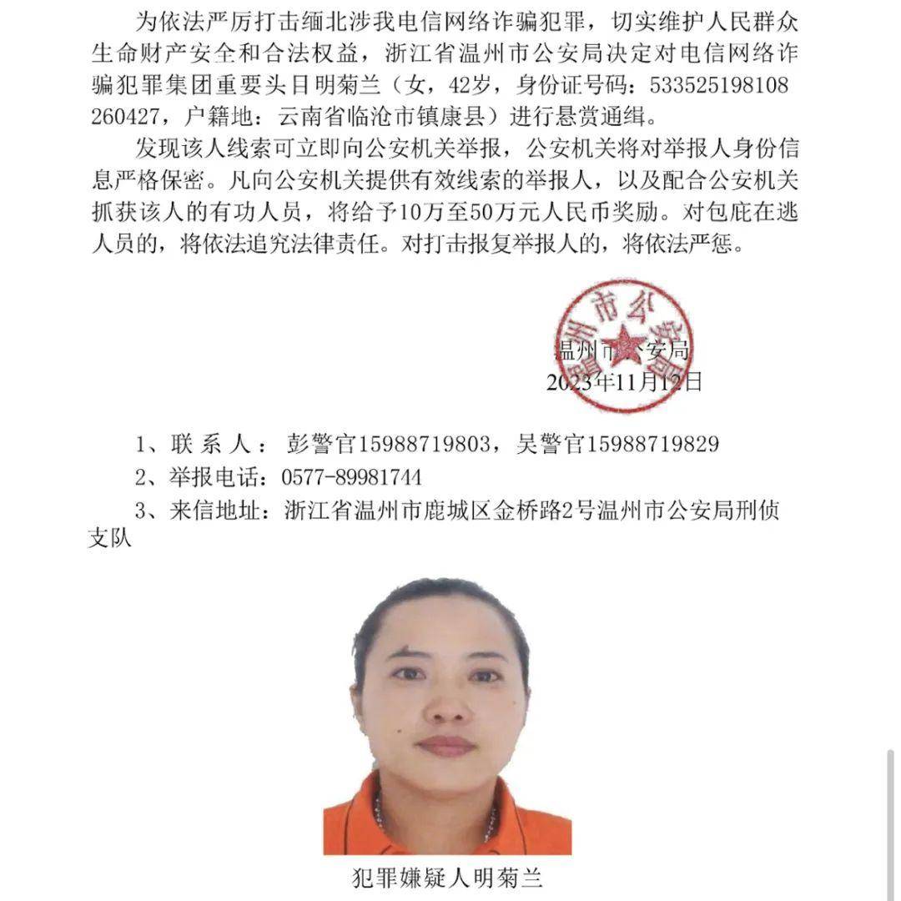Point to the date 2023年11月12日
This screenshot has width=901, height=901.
pyautogui.click(x=624, y=383)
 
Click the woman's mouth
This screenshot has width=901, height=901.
pyautogui.click(x=445, y=745)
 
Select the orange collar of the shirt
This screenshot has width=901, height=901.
pyautogui.click(x=359, y=813)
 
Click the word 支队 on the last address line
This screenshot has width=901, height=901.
pyautogui.click(x=111, y=539)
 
